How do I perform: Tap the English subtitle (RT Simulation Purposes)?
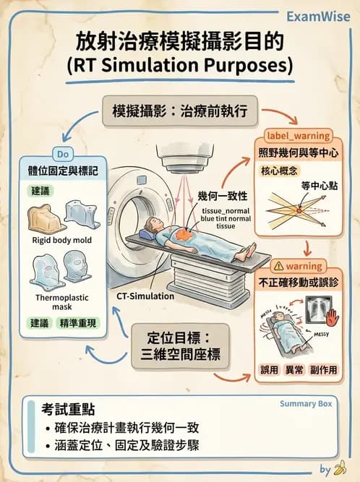(179, 66)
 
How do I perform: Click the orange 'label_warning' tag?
(299, 136)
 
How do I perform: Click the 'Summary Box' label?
(306, 404)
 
